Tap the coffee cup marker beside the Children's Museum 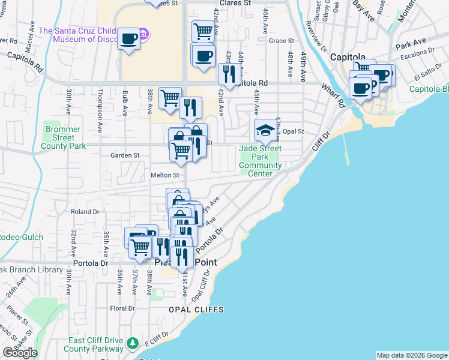pyautogui.click(x=129, y=39)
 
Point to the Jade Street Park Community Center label pyautogui.click(x=261, y=161)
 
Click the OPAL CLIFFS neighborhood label pyautogui.click(x=196, y=310)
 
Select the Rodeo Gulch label pyautogui.click(x=21, y=237)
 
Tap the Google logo pyautogui.click(x=20, y=353)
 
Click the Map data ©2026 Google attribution pyautogui.click(x=412, y=355)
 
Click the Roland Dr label pyautogui.click(x=85, y=212)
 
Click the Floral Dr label pyautogui.click(x=122, y=308)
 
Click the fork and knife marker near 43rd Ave pyautogui.click(x=229, y=74)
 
